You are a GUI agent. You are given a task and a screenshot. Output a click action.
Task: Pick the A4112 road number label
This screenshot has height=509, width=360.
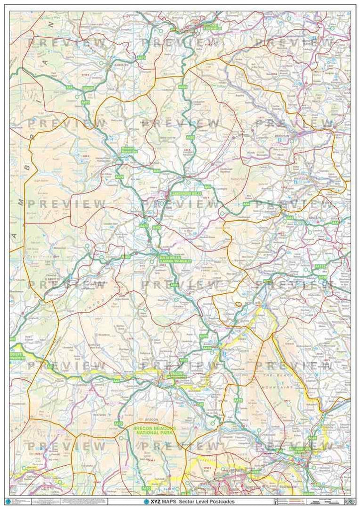[x=321, y=266]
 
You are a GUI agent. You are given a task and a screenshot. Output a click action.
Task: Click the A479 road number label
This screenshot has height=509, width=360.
[x=238, y=401]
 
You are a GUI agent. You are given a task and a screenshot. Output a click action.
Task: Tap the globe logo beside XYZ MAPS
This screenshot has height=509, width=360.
[x=147, y=502]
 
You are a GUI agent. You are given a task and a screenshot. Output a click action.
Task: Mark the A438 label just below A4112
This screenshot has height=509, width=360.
[x=323, y=277]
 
